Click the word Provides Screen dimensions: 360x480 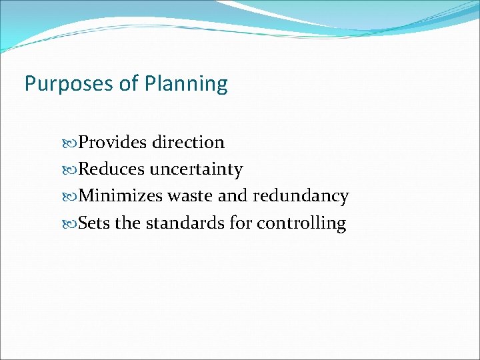pyautogui.click(x=113, y=142)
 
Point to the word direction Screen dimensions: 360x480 pyautogui.click(x=188, y=142)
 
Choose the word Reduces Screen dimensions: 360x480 pyautogui.click(x=111, y=169)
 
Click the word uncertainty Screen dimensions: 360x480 pyautogui.click(x=196, y=170)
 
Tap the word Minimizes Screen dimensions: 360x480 pyautogui.click(x=121, y=196)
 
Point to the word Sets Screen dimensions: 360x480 pyautogui.click(x=94, y=223)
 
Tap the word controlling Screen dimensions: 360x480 pyautogui.click(x=301, y=223)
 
